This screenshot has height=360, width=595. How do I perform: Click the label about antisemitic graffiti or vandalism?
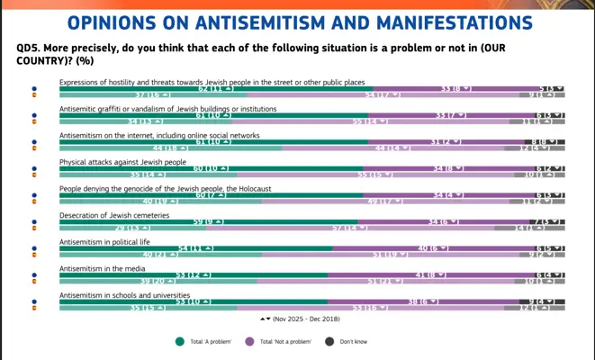[x=168, y=109]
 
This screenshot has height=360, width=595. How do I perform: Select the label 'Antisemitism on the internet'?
[x=159, y=135]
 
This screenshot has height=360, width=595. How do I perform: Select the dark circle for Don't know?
[x=329, y=341]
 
